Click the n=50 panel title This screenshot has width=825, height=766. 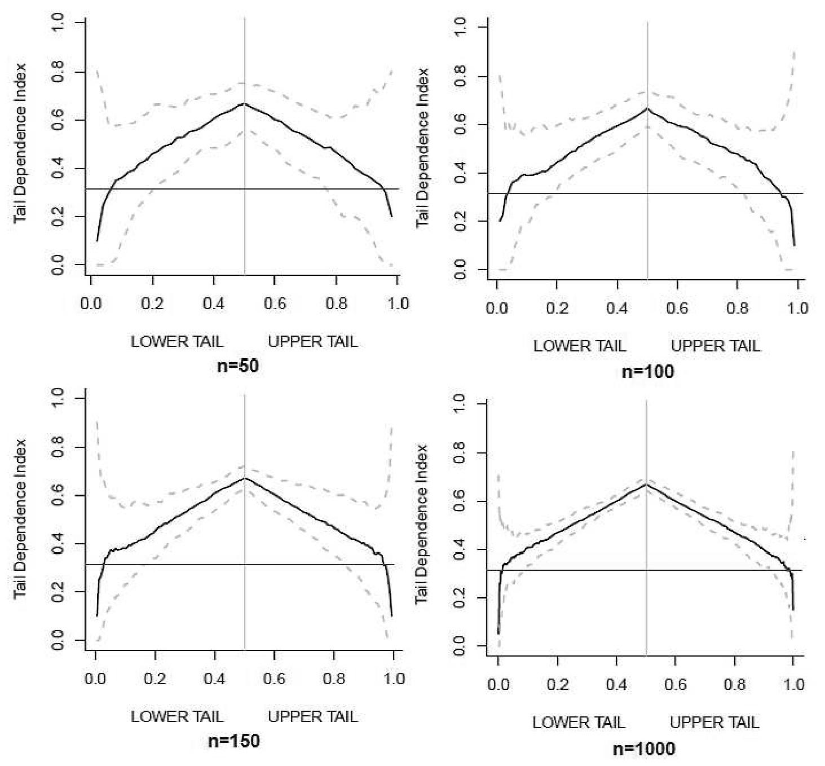(x=237, y=366)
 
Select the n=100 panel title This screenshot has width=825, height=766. (x=647, y=371)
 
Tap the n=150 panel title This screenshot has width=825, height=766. (x=233, y=740)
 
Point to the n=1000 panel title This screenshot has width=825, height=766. (x=643, y=749)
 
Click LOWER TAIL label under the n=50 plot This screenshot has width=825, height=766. (x=177, y=341)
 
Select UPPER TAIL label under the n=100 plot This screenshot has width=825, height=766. (x=716, y=346)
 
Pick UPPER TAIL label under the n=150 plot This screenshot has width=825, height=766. (x=312, y=716)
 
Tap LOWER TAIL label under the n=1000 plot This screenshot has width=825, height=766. (x=579, y=723)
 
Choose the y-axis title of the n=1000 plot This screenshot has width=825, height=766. (x=422, y=524)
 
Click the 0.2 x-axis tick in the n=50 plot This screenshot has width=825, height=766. (x=152, y=303)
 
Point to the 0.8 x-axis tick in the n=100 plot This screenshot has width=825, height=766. (x=737, y=308)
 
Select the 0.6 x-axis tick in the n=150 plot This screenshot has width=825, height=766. (x=275, y=678)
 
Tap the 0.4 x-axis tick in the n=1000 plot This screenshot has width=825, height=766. (x=616, y=684)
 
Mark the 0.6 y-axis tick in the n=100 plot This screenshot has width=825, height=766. (x=460, y=125)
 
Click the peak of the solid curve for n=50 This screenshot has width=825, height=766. (x=245, y=104)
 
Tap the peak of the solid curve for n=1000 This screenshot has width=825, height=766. (x=646, y=484)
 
